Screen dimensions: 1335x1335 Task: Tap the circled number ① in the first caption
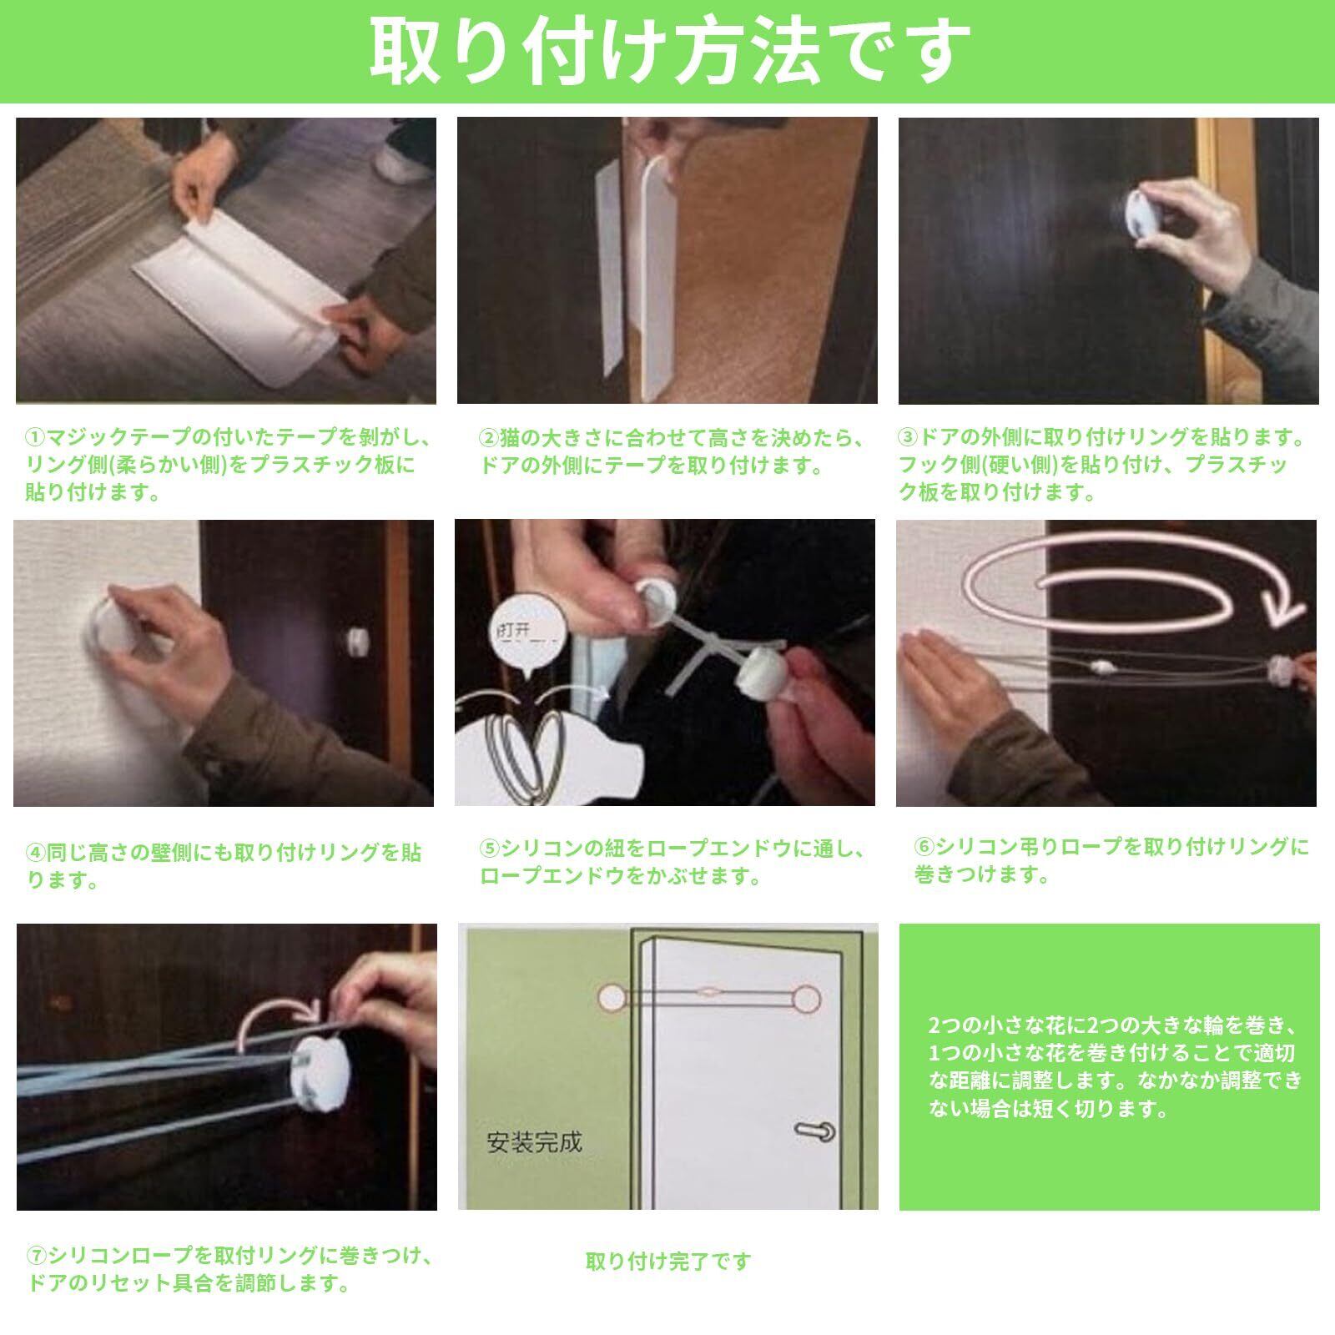coord(36,437)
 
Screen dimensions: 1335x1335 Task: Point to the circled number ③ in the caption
coord(908,437)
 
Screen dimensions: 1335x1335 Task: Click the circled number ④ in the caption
coord(36,853)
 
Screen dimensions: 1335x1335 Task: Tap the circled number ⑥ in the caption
coord(924,848)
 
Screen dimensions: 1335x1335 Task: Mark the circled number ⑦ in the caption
coord(36,1256)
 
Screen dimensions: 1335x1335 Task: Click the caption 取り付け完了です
coord(668,1262)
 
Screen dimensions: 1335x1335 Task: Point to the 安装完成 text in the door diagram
coord(534,1141)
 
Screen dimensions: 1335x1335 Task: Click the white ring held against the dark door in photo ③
coord(1141,219)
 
